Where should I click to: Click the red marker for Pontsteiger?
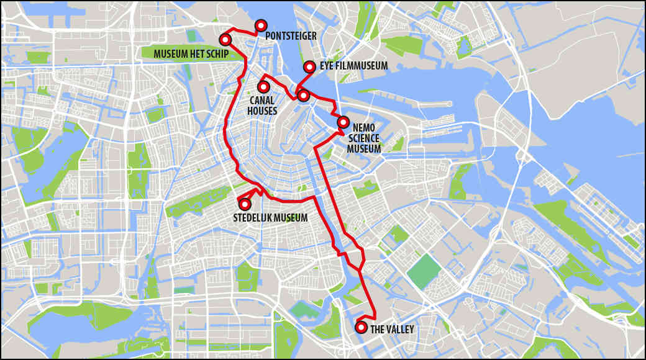[x=261, y=25]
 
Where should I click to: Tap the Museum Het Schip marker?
[x=225, y=40]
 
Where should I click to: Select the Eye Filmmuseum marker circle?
[x=309, y=66]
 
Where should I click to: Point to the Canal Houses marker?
[x=263, y=88]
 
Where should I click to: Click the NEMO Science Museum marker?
[x=343, y=122]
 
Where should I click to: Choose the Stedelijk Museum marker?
[x=245, y=204]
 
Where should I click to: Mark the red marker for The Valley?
[x=361, y=327]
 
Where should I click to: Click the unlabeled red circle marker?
[x=303, y=95]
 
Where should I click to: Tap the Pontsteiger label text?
[x=291, y=37]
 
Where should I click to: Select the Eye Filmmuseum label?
[x=354, y=66]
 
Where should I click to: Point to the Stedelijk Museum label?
[x=270, y=218]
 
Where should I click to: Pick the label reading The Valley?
[x=392, y=329]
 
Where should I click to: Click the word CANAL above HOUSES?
[x=262, y=100]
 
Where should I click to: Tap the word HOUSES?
[x=262, y=110]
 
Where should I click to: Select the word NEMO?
[x=363, y=127]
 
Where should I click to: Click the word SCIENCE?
[x=364, y=138]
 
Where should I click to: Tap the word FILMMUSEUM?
[x=362, y=66]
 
